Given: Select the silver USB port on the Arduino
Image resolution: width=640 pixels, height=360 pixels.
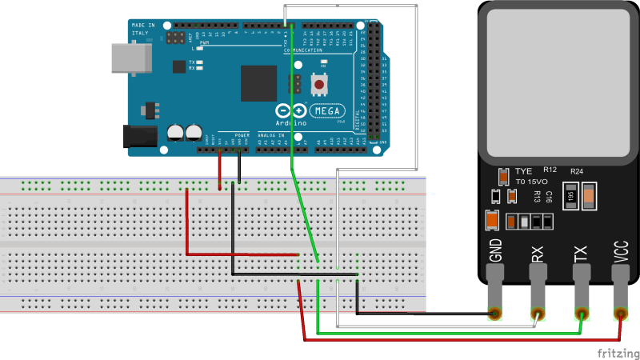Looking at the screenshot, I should pyautogui.click(x=126, y=56).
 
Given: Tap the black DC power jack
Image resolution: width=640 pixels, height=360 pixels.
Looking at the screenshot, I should pyautogui.click(x=136, y=136).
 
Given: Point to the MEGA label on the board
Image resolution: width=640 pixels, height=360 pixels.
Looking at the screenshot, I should pyautogui.click(x=326, y=110).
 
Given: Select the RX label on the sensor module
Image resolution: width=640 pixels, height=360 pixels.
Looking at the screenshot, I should pyautogui.click(x=538, y=254).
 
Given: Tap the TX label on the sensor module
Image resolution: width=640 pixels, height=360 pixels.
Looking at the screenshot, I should pyautogui.click(x=581, y=254).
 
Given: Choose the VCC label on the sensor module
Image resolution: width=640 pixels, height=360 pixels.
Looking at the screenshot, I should pyautogui.click(x=622, y=251).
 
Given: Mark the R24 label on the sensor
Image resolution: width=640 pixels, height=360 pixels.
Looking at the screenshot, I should pyautogui.click(x=577, y=171).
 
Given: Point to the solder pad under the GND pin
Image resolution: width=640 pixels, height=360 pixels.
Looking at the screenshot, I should pyautogui.click(x=495, y=313).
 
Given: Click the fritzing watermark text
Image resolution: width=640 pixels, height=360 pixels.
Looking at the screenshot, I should pyautogui.click(x=617, y=351).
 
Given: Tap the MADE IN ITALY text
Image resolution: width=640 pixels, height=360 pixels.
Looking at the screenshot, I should pyautogui.click(x=142, y=29).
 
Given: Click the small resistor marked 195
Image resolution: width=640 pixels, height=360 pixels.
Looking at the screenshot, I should pyautogui.click(x=570, y=196).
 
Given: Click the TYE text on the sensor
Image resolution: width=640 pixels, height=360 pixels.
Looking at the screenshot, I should pyautogui.click(x=524, y=171).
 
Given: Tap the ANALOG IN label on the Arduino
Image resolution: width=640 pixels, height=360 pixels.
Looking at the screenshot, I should pyautogui.click(x=270, y=135).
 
